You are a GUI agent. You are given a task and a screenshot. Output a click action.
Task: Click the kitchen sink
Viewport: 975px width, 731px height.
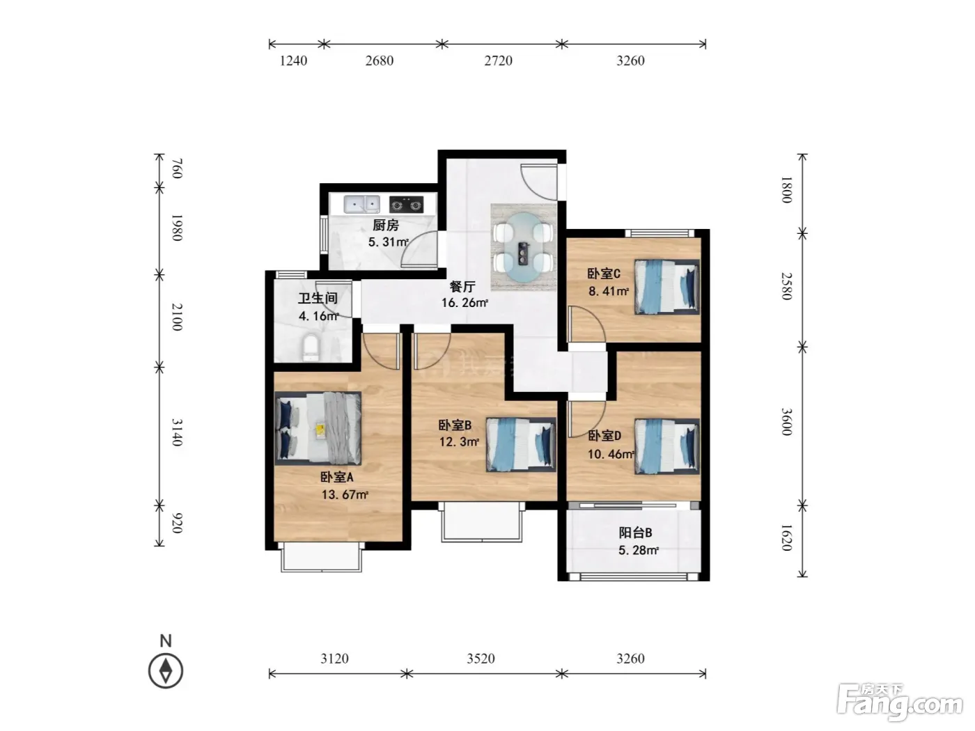361,204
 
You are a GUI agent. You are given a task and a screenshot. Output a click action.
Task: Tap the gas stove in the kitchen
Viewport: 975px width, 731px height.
406,205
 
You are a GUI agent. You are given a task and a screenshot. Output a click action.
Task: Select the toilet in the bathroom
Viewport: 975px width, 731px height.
311,348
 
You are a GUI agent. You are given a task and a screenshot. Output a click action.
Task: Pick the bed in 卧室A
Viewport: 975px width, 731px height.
318,428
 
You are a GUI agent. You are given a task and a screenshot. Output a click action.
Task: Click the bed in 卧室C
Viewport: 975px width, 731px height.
666,287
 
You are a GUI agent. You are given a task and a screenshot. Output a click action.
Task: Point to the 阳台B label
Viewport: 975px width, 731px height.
635,532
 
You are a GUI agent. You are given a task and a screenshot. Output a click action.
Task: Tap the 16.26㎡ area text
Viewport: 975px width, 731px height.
465,303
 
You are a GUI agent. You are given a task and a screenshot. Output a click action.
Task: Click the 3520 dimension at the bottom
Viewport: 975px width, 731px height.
481,658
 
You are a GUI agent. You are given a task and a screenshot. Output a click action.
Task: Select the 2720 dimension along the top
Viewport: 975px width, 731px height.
498,61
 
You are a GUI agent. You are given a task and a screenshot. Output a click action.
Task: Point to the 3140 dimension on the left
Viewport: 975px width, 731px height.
177,432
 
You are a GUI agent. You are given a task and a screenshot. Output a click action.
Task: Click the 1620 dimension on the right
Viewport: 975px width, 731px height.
787,537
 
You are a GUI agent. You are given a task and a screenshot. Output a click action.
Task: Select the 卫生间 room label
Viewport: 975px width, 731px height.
318,298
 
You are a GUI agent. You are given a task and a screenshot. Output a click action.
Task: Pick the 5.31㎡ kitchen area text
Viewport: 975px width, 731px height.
388,242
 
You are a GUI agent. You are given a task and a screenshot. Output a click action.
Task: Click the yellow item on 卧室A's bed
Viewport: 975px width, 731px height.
320,430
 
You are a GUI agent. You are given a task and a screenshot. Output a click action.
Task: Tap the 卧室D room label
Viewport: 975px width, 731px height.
604,436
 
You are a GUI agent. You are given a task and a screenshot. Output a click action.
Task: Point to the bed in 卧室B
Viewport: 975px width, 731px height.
521,444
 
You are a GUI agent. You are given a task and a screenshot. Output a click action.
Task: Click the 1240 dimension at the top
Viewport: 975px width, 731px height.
293,61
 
